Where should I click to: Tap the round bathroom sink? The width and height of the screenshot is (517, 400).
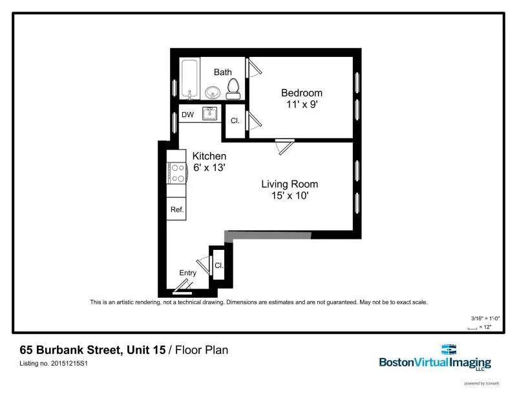(213, 92)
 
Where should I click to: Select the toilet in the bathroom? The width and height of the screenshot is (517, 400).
(233, 87)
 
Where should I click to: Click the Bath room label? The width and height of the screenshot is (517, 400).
(223, 72)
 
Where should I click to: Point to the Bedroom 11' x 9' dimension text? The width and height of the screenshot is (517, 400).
(301, 104)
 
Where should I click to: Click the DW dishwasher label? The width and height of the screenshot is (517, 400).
(187, 115)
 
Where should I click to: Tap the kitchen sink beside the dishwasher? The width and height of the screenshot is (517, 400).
(210, 114)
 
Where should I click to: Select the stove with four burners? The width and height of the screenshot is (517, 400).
(176, 173)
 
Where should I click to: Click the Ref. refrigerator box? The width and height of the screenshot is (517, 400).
(176, 209)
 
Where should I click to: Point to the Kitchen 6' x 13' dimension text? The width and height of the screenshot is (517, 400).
(209, 162)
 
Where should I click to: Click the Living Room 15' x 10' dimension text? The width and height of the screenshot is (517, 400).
(290, 190)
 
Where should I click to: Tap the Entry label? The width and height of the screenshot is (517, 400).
(187, 272)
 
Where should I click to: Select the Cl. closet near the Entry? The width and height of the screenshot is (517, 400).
(218, 265)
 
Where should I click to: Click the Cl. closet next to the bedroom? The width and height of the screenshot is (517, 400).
(235, 120)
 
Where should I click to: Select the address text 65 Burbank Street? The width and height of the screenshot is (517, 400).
(70, 350)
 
